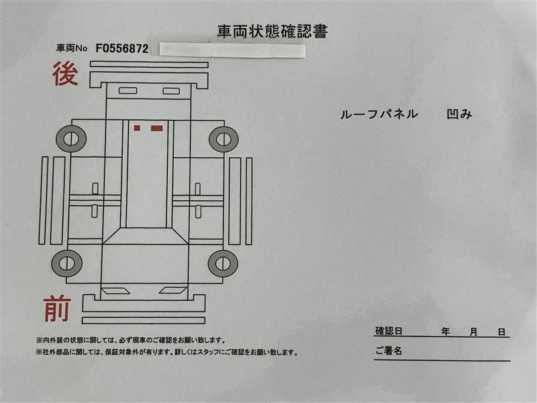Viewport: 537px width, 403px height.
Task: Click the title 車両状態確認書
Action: (x=273, y=32)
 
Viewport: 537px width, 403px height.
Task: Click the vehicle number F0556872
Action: (x=122, y=48)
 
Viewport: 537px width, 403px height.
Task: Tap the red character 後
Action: (x=65, y=74)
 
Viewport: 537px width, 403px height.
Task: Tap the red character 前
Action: (x=57, y=309)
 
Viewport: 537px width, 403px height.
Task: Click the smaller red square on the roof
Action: (x=137, y=128)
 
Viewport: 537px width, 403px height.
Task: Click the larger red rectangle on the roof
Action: (x=157, y=128)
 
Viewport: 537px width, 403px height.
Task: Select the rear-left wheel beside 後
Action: (x=71, y=139)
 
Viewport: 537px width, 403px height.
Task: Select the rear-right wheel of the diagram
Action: (x=224, y=140)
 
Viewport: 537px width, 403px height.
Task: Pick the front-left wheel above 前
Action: (x=66, y=263)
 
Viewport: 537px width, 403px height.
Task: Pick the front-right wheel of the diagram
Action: (x=223, y=263)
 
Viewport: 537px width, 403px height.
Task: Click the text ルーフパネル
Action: (x=379, y=114)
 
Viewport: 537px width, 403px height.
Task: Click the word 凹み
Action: (x=459, y=114)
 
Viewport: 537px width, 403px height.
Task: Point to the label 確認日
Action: (x=389, y=331)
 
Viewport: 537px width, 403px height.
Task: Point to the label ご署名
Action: (x=389, y=351)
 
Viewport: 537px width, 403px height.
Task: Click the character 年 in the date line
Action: (x=445, y=331)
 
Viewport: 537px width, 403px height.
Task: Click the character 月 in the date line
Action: (x=474, y=332)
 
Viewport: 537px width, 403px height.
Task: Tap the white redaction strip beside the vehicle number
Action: (x=232, y=50)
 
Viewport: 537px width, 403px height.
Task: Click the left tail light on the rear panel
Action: (x=128, y=91)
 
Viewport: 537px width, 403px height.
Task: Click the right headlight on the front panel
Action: (x=173, y=291)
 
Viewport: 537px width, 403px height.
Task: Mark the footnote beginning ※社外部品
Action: (x=166, y=352)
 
